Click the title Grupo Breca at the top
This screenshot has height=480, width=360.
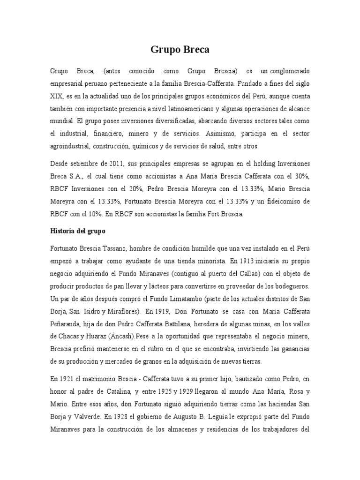[180, 49]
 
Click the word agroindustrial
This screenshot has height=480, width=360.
[69, 146]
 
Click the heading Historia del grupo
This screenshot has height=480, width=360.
[78, 231]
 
